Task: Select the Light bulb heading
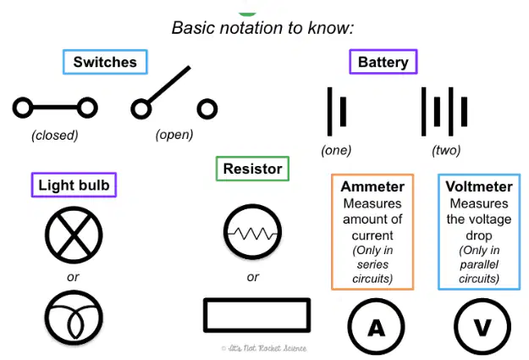click(74, 185)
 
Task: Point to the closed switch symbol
click(55, 108)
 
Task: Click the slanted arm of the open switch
click(168, 85)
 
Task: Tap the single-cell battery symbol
click(337, 112)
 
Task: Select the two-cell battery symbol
click(444, 112)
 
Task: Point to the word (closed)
click(55, 135)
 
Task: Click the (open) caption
click(174, 135)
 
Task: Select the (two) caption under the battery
click(446, 150)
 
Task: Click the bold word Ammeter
click(372, 186)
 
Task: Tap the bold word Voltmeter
click(479, 186)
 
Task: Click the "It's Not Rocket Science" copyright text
click(264, 348)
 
